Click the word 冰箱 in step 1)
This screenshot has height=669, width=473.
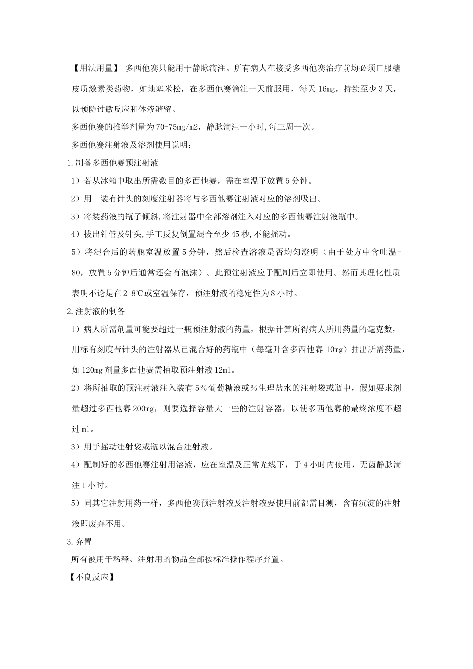[108, 180]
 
